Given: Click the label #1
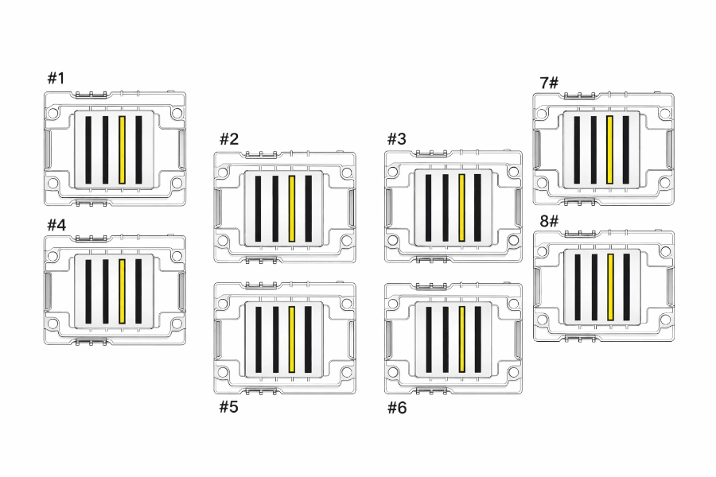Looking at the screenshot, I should tap(56, 78).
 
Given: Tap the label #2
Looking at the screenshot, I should tap(228, 139).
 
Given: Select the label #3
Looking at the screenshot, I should tap(396, 139).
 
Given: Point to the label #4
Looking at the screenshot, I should tap(56, 224).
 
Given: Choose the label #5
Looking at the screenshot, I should tap(228, 408).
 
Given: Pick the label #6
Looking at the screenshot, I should tap(396, 408).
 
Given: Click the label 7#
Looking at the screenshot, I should tap(549, 83).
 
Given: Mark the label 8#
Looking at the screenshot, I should tap(549, 220).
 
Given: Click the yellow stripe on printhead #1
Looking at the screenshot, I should tap(122, 150).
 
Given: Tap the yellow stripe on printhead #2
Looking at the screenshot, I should tap(292, 208).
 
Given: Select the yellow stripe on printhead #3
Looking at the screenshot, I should tap(461, 207).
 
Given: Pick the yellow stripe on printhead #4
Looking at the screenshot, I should tap(122, 291).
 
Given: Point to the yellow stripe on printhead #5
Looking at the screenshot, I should tap(292, 339).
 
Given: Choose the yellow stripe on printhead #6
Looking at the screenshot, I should tap(461, 339).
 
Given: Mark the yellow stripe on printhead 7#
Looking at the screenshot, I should tap(609, 149).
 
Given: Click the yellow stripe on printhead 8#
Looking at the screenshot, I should tap(610, 287).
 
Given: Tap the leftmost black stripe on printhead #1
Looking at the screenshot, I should tap(88, 150).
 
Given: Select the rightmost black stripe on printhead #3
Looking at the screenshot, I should tap(478, 207).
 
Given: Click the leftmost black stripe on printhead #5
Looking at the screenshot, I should tap(259, 339).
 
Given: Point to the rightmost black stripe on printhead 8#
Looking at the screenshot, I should tap(627, 287).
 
